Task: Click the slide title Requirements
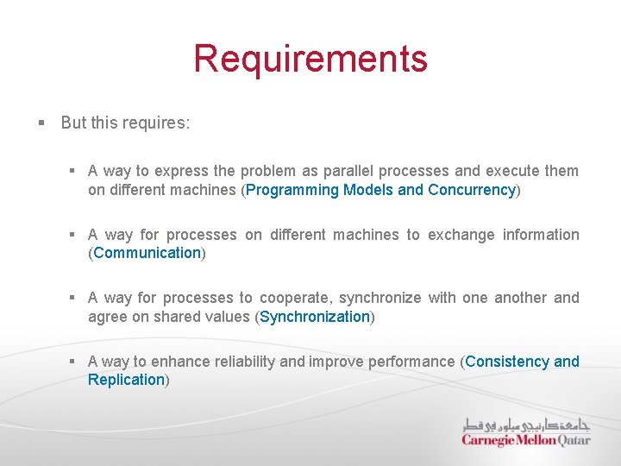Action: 310,59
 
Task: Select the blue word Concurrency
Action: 471,190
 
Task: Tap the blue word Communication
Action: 147,253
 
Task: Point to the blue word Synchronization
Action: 315,317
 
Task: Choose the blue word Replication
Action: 126,380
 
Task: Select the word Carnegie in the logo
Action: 488,440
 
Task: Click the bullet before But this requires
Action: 41,123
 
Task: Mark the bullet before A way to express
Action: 74,171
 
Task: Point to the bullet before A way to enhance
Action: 74,362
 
